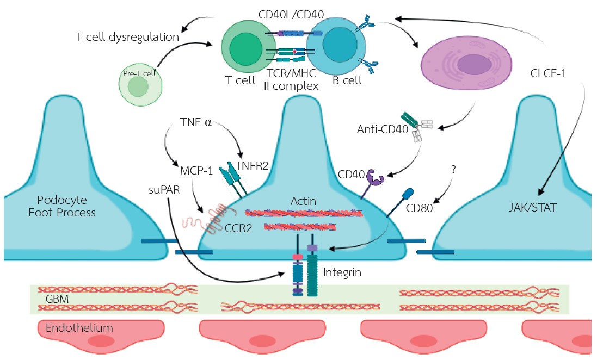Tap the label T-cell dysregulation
pos(127,38)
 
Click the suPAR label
pos(163,191)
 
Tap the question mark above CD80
pos(453,170)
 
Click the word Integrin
pos(342,271)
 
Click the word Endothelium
pos(79,328)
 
